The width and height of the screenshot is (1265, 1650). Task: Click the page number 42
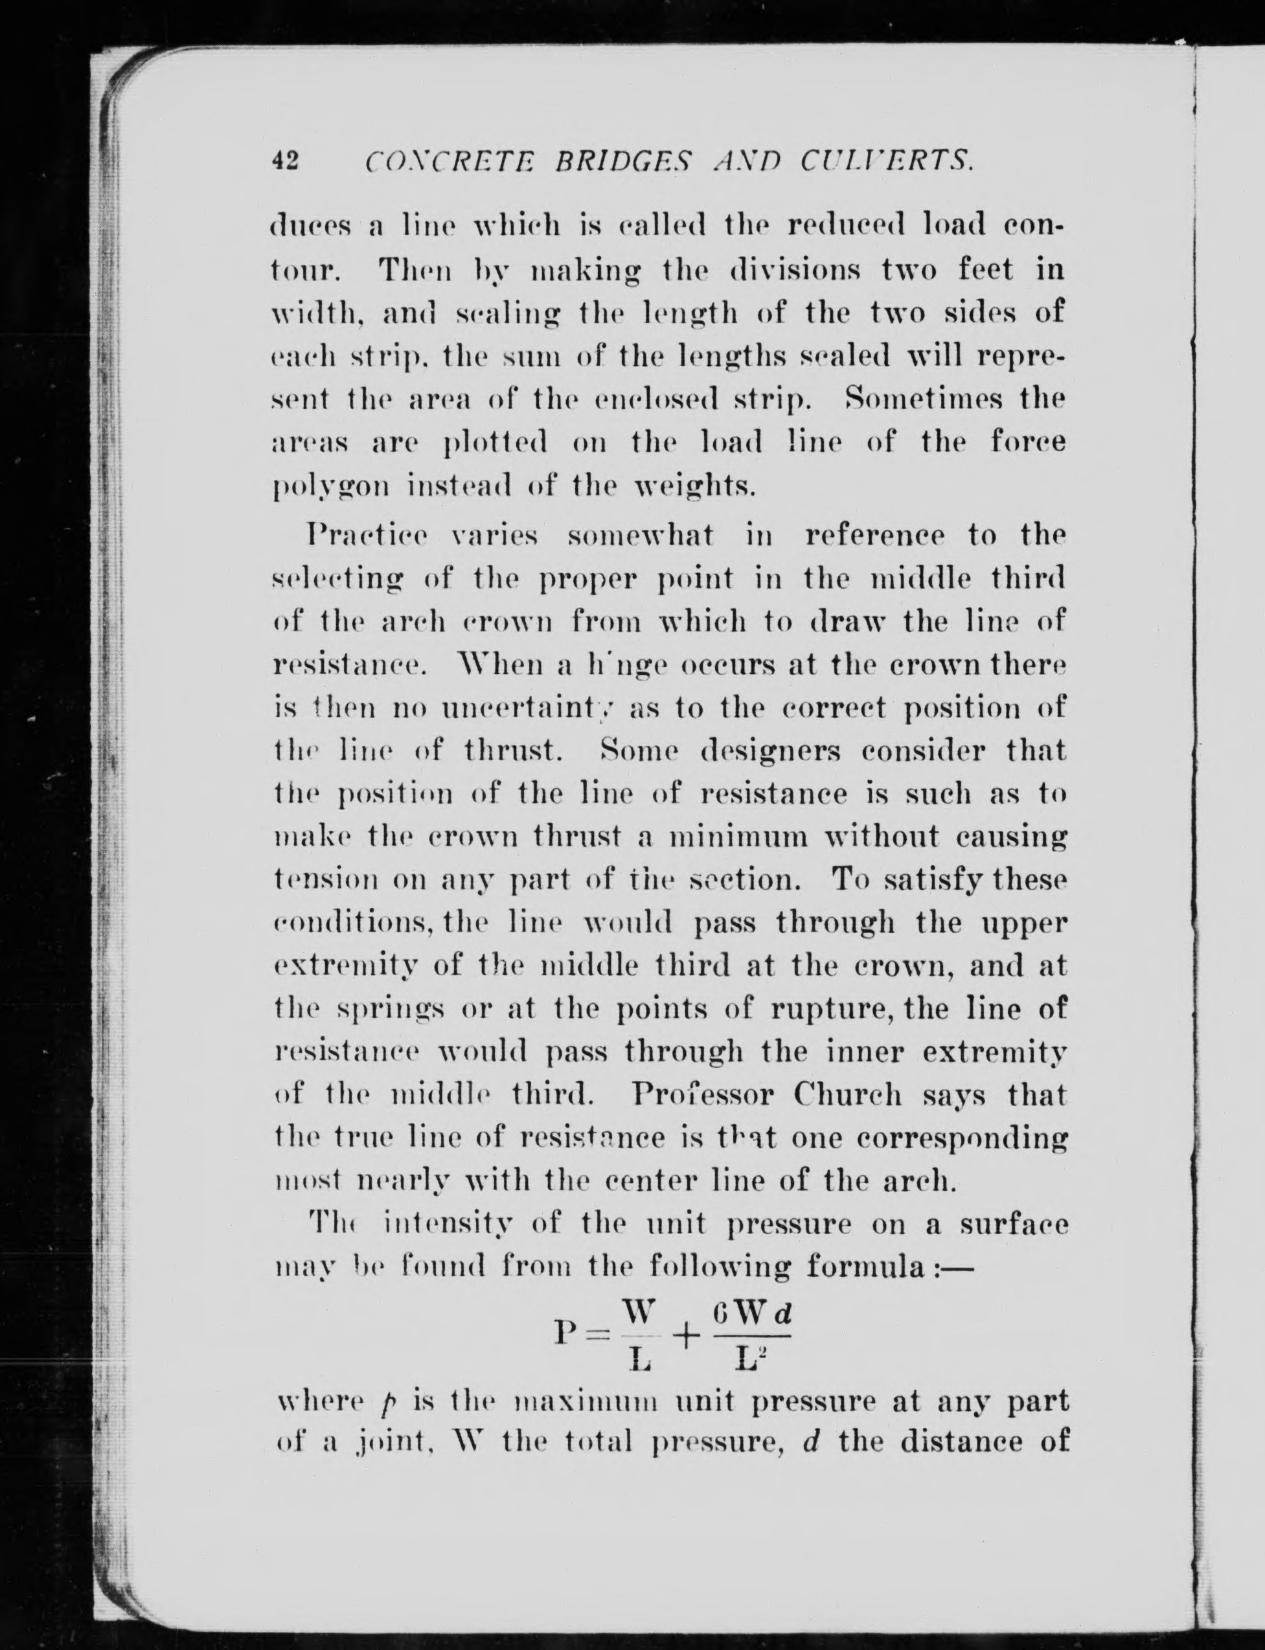(286, 161)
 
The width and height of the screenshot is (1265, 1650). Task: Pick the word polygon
(330, 488)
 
